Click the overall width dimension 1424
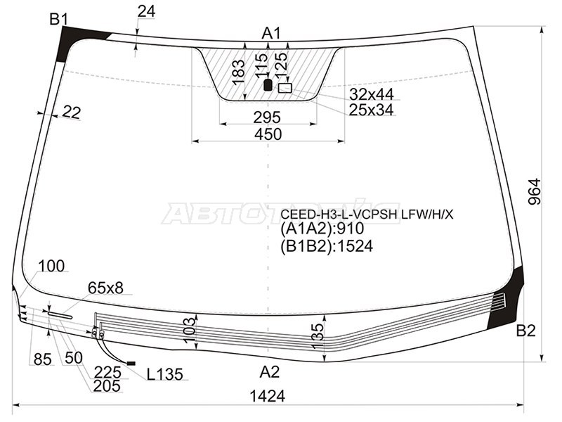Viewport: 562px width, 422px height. (268, 396)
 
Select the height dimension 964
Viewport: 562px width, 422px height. (534, 191)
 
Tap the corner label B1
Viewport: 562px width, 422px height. (59, 19)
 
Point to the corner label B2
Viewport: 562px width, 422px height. (525, 331)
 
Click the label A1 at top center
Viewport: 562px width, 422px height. (271, 33)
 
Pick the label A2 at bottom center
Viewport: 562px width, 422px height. (270, 372)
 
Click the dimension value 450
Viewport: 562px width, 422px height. (268, 134)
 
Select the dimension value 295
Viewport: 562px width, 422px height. (267, 117)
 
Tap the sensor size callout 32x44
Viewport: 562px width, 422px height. (372, 94)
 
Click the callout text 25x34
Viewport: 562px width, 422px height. (372, 110)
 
